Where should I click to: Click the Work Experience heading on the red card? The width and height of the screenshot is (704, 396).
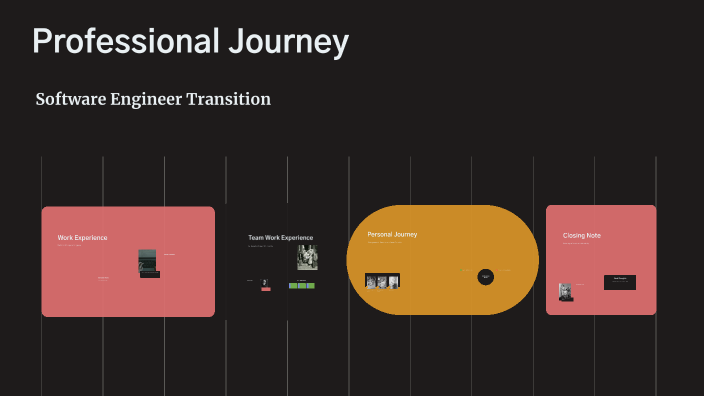pos(82,238)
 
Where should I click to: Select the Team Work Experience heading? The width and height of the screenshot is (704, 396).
pos(280,238)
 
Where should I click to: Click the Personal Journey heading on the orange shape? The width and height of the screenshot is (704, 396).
pos(392,234)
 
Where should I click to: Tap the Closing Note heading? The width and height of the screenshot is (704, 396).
pos(582,236)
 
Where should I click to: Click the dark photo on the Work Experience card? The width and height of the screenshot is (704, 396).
pos(148,260)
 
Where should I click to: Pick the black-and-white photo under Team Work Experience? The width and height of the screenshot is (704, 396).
pos(307,257)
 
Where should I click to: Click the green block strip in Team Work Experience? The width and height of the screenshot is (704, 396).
pos(302,286)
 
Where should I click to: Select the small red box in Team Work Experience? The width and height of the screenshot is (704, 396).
pos(266,284)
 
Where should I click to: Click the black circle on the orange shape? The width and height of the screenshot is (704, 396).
pos(486,276)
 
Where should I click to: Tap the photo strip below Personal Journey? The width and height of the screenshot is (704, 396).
pos(382,281)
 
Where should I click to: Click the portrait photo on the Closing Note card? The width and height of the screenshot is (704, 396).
pos(566,291)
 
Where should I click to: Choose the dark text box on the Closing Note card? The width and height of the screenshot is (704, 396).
pos(619,282)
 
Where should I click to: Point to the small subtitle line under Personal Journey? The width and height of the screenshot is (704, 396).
pos(385,242)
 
